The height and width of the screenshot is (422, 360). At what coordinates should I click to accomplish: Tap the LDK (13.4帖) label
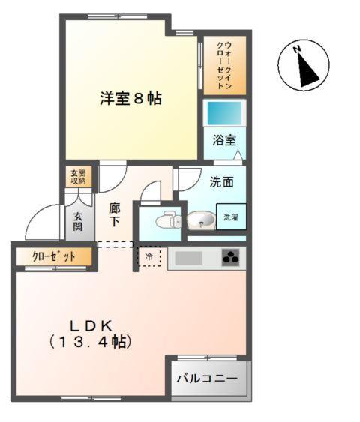tap(91, 334)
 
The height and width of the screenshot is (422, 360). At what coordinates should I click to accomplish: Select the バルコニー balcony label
tap(207, 379)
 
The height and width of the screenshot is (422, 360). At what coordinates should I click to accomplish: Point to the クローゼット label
tap(53, 256)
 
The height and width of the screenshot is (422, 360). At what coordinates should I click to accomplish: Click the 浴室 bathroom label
tap(224, 139)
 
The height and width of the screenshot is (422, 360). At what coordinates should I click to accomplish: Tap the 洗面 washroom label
tap(221, 181)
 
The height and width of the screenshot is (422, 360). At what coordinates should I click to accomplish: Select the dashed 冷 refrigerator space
tap(148, 257)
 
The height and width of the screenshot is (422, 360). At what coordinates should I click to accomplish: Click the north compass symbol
tap(304, 66)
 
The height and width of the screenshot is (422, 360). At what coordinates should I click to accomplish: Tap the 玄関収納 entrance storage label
tap(78, 177)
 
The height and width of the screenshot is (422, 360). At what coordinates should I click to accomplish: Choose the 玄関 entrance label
tap(78, 221)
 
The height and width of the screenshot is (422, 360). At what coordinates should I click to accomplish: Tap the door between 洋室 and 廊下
tap(112, 176)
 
